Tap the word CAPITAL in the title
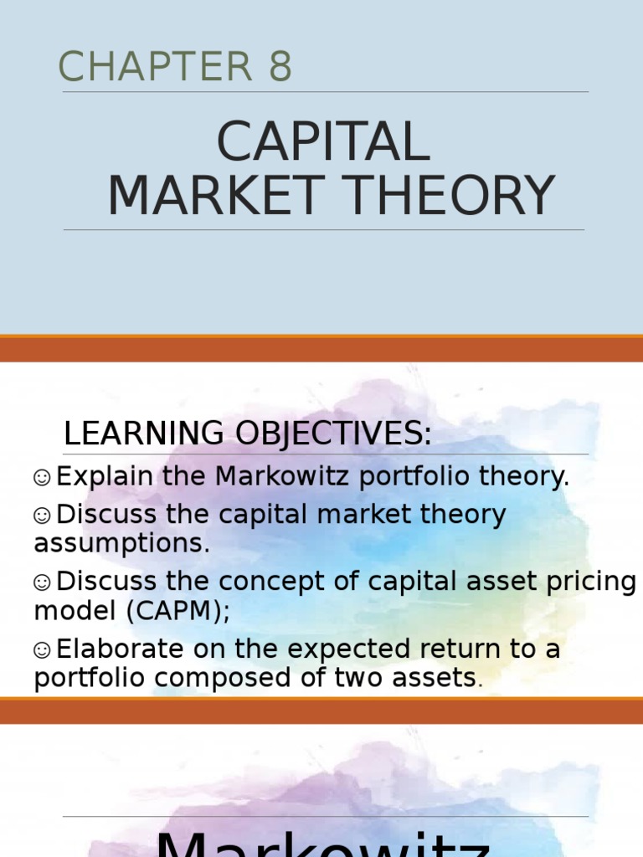pos(323,142)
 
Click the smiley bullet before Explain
pos(43,477)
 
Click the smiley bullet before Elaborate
pos(43,649)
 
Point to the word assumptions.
pos(122,544)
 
